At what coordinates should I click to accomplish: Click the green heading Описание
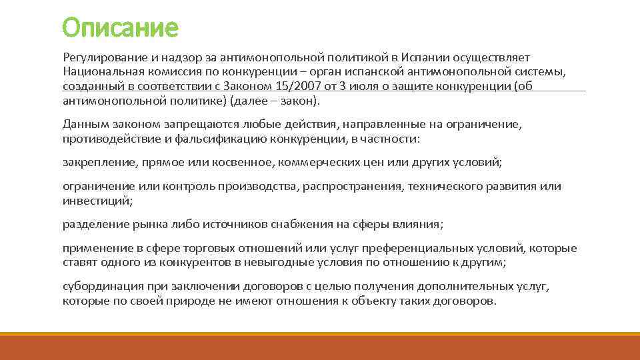click(121, 28)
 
